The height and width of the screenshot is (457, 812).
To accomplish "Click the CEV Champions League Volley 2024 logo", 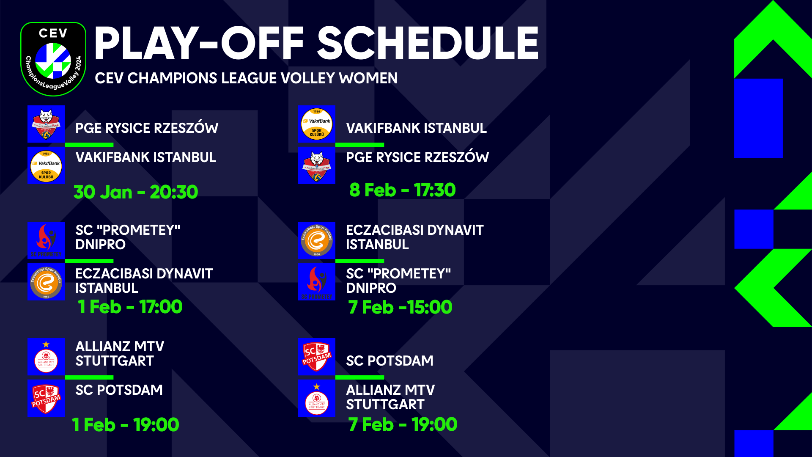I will (53, 59).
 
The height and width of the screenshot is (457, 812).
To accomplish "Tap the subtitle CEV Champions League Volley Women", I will (246, 78).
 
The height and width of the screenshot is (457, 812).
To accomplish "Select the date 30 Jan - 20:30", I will (136, 192).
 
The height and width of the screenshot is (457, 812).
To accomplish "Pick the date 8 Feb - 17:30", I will (402, 190).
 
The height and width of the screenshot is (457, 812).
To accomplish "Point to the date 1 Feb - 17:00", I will (130, 307).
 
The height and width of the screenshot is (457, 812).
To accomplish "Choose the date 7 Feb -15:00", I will (400, 307).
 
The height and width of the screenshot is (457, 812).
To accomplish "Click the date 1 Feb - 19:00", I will (125, 425).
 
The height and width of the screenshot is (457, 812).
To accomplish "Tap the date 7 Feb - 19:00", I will (403, 424).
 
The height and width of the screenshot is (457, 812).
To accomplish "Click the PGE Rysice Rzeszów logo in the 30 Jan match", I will (46, 124).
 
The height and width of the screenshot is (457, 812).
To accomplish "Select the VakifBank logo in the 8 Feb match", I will (317, 124).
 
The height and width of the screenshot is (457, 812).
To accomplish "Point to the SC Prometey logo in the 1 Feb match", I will (46, 240).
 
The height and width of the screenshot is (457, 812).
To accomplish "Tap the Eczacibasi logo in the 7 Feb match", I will (317, 240).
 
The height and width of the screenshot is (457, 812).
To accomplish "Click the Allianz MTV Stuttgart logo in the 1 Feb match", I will (46, 357).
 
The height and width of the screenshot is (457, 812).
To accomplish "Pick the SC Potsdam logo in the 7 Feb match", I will (317, 357).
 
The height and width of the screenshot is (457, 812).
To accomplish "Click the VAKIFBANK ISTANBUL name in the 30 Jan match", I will (145, 157).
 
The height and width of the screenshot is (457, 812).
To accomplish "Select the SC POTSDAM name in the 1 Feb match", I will (119, 390).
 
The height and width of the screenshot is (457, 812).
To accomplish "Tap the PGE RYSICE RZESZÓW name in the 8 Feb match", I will (417, 157).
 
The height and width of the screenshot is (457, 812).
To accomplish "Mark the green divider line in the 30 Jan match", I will (89, 145).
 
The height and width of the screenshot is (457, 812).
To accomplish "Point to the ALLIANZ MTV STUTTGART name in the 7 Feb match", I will (390, 397).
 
